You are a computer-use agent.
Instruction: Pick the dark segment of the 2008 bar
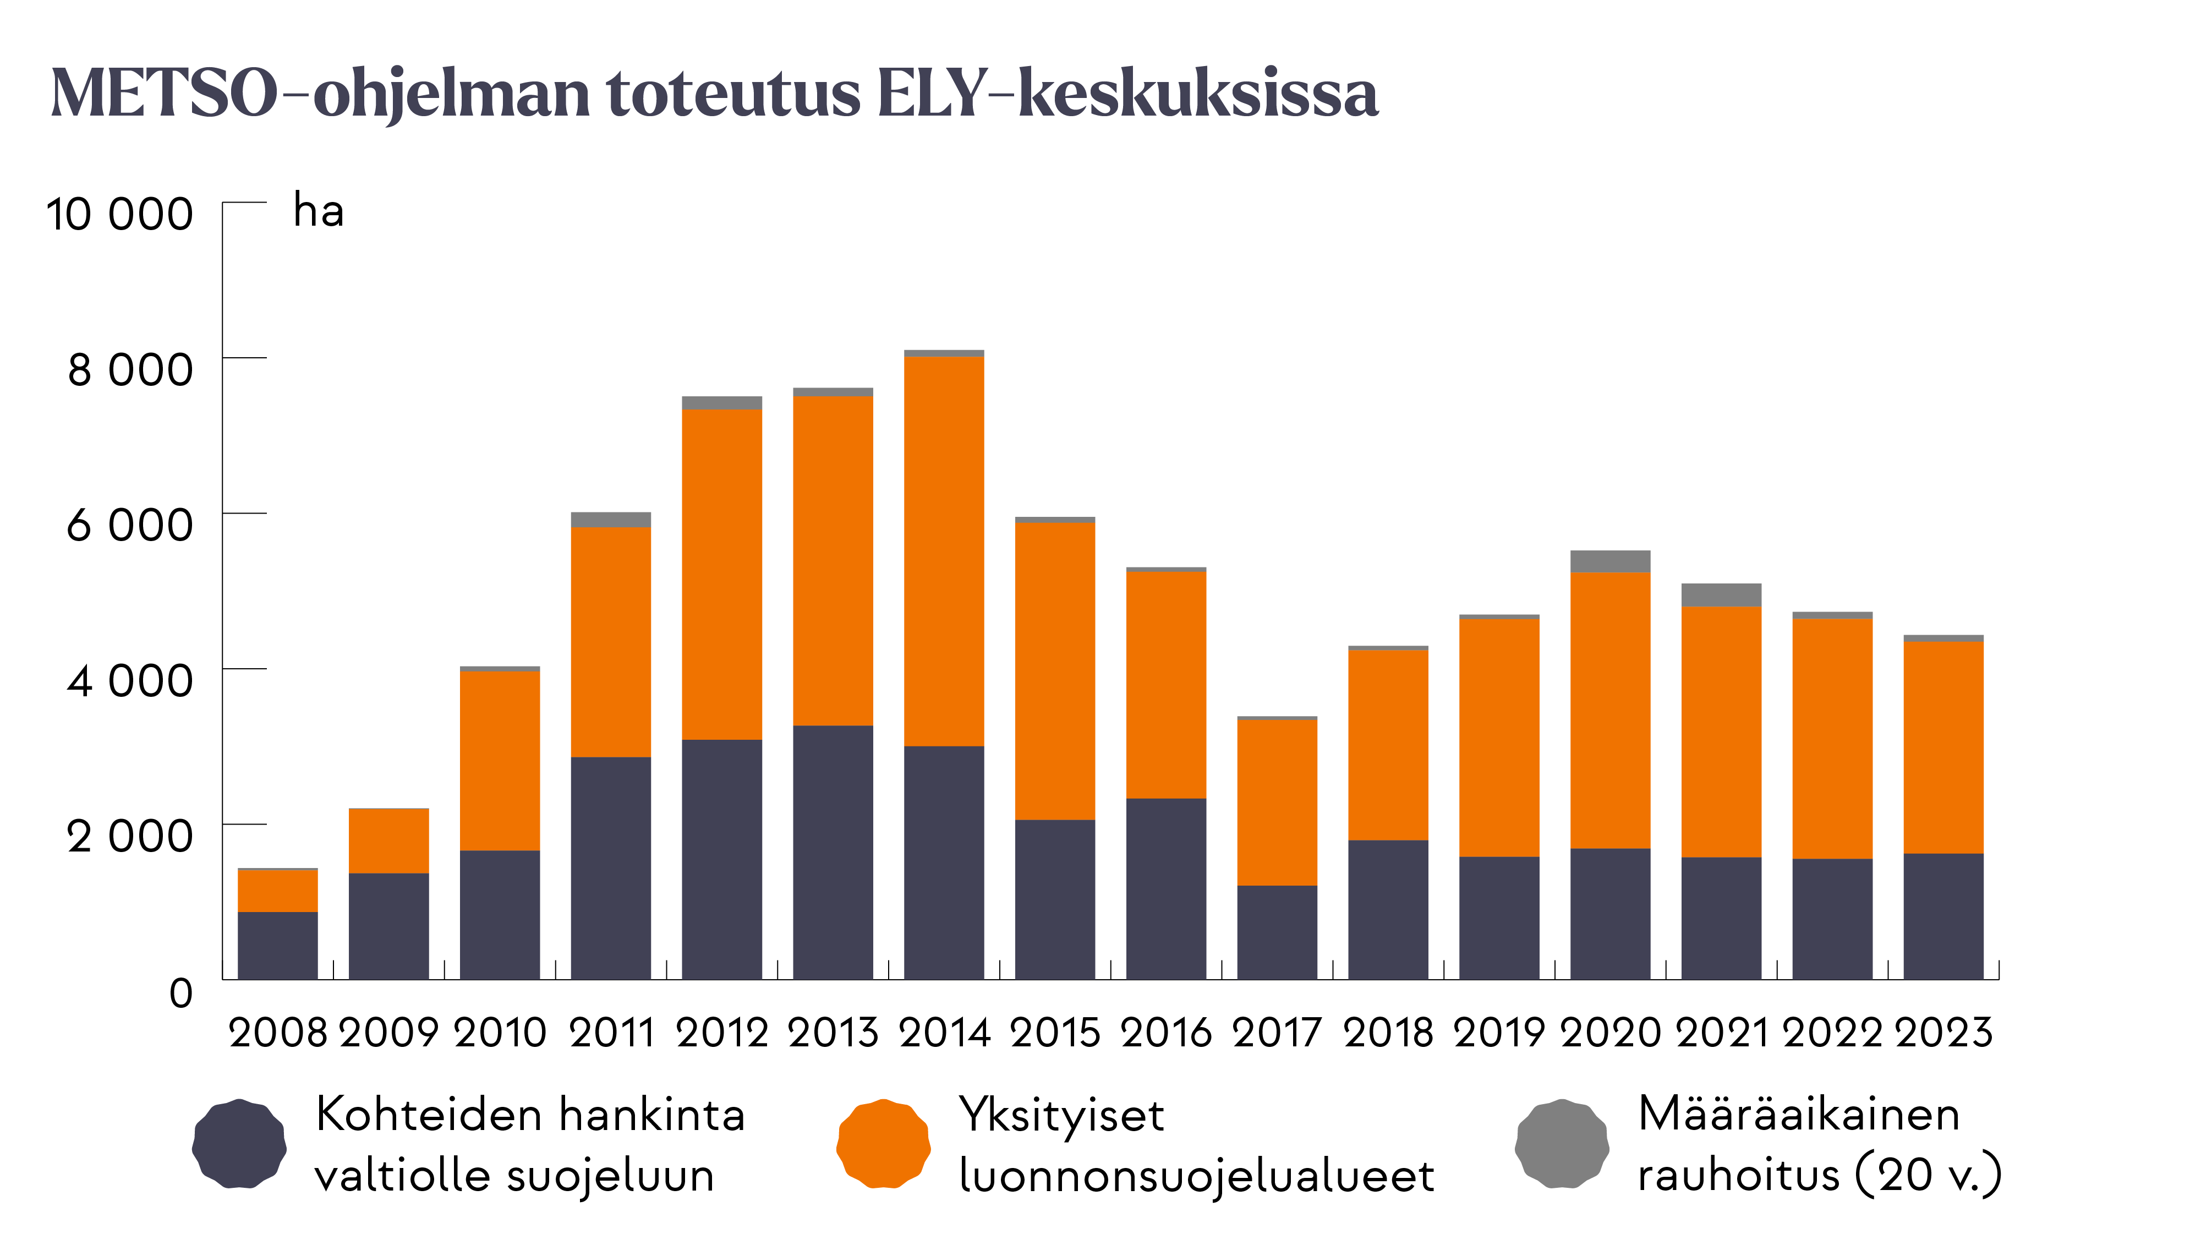click(x=278, y=945)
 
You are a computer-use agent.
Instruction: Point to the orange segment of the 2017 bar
click(x=1277, y=803)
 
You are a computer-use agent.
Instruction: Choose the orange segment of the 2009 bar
click(x=389, y=841)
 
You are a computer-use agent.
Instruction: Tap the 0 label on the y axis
click(x=181, y=993)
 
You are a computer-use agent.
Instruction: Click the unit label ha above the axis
click(x=319, y=210)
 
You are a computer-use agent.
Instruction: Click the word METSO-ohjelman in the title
click(x=320, y=94)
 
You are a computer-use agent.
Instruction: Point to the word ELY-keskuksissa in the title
click(x=1128, y=94)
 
